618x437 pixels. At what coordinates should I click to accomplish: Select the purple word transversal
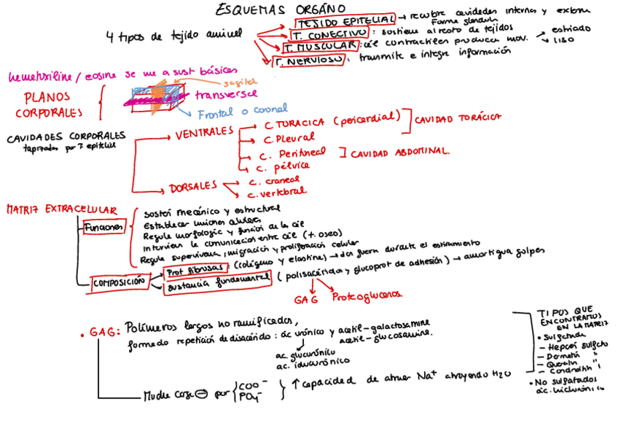click(x=226, y=95)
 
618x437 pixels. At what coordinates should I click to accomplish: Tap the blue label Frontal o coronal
click(x=243, y=111)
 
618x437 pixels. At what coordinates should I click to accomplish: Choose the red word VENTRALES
click(x=204, y=134)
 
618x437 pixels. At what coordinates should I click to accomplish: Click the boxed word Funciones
click(x=104, y=228)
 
